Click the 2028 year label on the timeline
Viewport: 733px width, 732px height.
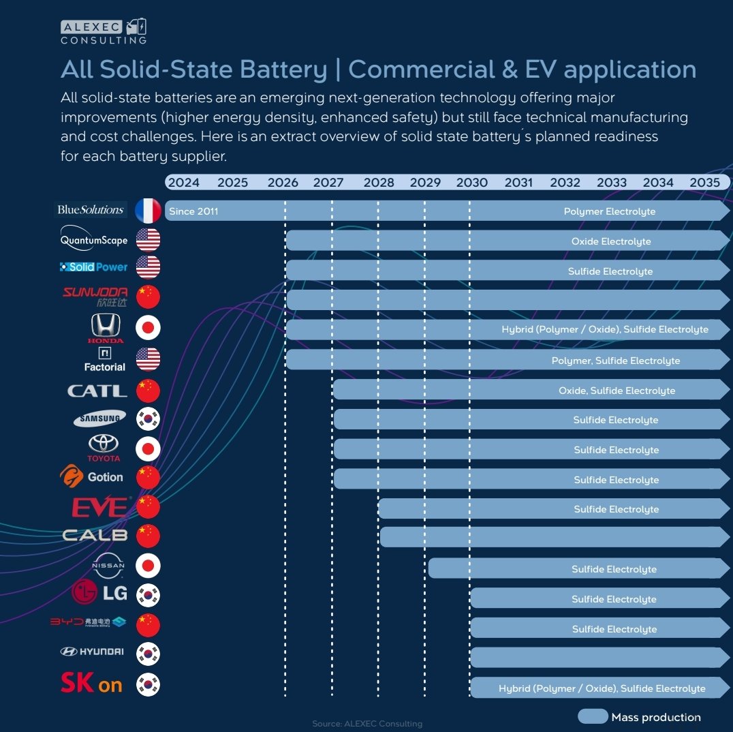pyautogui.click(x=379, y=183)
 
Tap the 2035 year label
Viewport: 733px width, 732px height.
pyautogui.click(x=704, y=183)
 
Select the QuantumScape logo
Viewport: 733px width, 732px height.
pyautogui.click(x=94, y=240)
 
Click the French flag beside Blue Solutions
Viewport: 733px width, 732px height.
pyautogui.click(x=148, y=211)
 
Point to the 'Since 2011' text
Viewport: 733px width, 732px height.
pyautogui.click(x=193, y=211)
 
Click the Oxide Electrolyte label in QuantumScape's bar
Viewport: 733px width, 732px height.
pyautogui.click(x=611, y=241)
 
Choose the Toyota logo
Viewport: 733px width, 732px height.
pyautogui.click(x=104, y=447)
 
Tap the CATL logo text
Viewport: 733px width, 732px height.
pyautogui.click(x=97, y=391)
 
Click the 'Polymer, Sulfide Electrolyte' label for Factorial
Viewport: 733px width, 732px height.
pyautogui.click(x=615, y=361)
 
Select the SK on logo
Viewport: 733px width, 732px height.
pyautogui.click(x=91, y=684)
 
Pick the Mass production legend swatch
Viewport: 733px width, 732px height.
pyautogui.click(x=593, y=716)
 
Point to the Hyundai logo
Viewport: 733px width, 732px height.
pyautogui.click(x=92, y=652)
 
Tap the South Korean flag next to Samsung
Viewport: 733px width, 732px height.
pyautogui.click(x=148, y=419)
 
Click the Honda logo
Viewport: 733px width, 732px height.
pyautogui.click(x=106, y=328)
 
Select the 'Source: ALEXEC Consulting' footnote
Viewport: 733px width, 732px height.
pyautogui.click(x=367, y=723)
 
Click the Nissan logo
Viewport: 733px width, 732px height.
pyautogui.click(x=108, y=565)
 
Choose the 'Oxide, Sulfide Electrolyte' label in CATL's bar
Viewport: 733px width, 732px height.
pyautogui.click(x=617, y=391)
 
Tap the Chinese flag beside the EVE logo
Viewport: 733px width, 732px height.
pyautogui.click(x=148, y=507)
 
